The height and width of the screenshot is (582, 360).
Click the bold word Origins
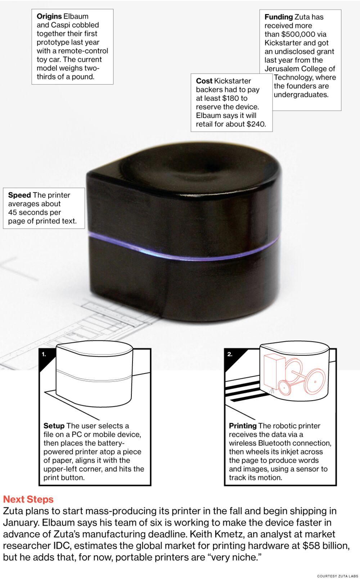pos(49,16)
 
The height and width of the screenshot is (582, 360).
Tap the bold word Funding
pos(279,17)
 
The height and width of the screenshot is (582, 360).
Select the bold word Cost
pos(204,81)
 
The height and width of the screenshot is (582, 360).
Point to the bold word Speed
pos(19,195)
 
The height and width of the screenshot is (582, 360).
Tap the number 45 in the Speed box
pos(13,212)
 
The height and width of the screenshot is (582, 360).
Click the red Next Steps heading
pos(28,499)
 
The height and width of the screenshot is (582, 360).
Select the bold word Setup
pos(54,426)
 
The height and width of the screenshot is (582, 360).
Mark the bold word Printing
pos(243,426)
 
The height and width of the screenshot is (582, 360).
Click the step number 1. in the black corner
pos(44,354)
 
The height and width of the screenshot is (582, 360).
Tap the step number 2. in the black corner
pos(230,354)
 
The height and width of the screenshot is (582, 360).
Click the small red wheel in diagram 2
pos(285,388)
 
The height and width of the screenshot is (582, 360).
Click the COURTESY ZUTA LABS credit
pos(337,576)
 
